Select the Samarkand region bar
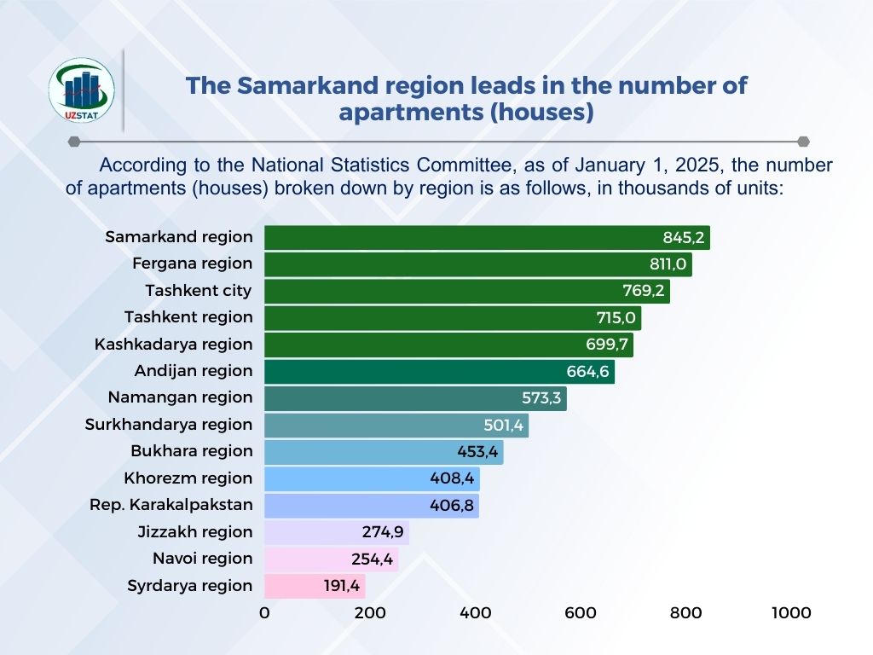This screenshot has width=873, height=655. (x=486, y=237)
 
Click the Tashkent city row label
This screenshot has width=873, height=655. (x=198, y=291)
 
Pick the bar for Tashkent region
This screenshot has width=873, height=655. (x=452, y=318)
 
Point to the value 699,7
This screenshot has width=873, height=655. (x=604, y=345)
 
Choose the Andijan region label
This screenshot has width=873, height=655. (x=194, y=371)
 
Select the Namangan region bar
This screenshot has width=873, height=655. (x=415, y=398)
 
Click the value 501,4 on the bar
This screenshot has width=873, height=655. (x=502, y=425)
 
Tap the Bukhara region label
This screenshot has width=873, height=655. (x=191, y=451)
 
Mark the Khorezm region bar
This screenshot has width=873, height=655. (x=372, y=478)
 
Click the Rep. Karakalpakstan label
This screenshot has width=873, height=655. (x=171, y=505)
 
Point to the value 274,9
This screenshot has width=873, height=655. (x=383, y=532)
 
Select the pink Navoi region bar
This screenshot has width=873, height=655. (x=331, y=559)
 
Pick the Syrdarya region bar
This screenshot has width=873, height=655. (x=315, y=586)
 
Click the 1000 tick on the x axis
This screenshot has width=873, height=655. (x=790, y=612)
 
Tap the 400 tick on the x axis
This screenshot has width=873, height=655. (x=475, y=612)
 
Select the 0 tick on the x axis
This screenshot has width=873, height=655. (x=264, y=612)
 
